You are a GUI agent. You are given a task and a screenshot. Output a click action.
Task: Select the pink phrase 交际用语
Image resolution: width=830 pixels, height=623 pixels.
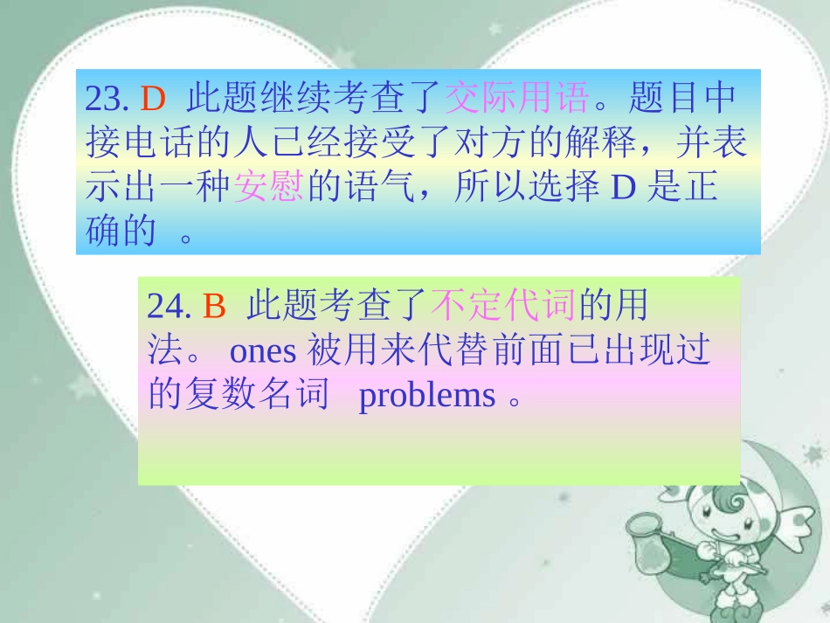(x=516, y=99)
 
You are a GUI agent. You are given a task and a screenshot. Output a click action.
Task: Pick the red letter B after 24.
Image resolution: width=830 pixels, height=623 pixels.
(x=214, y=307)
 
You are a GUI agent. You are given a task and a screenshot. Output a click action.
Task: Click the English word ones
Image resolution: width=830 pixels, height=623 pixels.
(x=265, y=350)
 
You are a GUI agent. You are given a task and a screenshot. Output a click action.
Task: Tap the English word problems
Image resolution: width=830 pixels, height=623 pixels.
(x=427, y=395)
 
